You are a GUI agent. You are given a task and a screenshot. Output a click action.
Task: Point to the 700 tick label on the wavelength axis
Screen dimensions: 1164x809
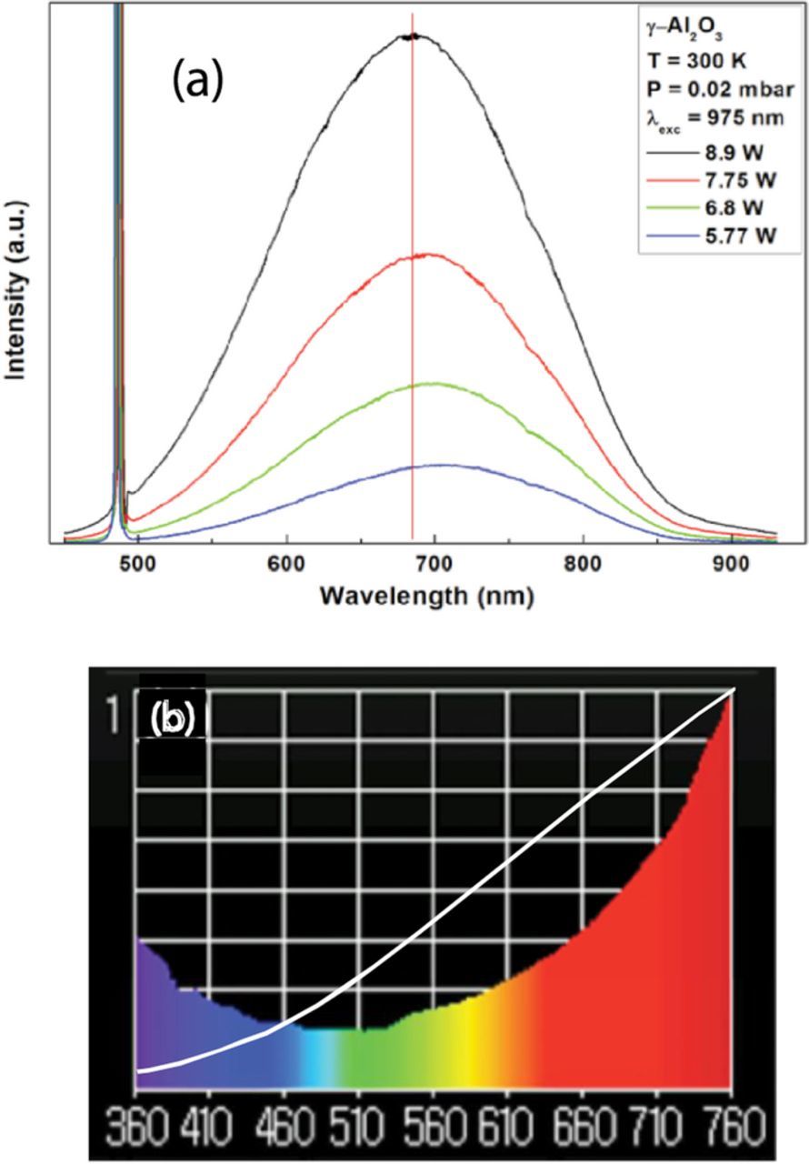(434, 564)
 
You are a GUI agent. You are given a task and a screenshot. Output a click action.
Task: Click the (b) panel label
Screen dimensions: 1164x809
(172, 718)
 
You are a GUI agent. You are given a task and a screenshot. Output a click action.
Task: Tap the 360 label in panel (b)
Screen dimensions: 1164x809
(136, 1130)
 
